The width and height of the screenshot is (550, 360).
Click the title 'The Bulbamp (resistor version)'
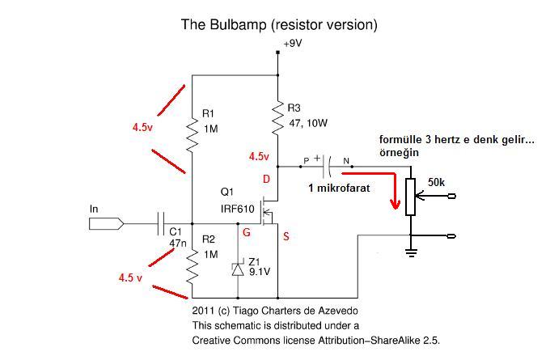(x=279, y=25)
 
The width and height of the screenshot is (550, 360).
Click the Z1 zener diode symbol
(x=238, y=269)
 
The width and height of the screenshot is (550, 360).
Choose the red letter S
(x=286, y=236)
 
